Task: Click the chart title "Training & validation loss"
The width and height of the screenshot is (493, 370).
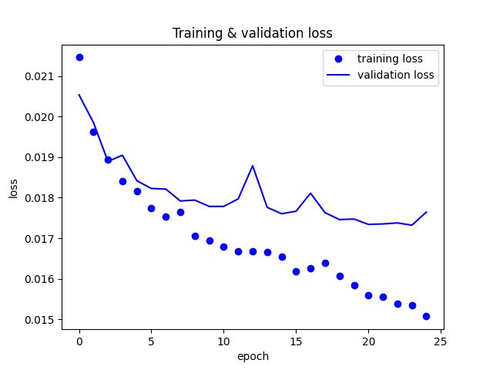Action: click(x=253, y=33)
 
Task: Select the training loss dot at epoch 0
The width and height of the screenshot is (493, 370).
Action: click(x=79, y=57)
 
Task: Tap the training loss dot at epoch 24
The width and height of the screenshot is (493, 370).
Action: click(x=426, y=316)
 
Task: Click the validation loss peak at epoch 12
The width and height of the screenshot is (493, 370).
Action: click(x=253, y=166)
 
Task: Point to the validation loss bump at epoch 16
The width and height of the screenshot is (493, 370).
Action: click(x=310, y=193)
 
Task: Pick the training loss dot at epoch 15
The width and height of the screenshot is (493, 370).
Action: click(x=296, y=271)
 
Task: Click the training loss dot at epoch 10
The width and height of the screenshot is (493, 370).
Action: click(x=223, y=247)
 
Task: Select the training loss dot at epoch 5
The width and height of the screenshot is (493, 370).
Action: click(x=151, y=208)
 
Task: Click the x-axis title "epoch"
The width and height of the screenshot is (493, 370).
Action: click(x=253, y=356)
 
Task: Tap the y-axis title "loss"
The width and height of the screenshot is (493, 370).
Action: click(x=14, y=188)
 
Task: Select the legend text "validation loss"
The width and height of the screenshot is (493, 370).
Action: click(x=396, y=76)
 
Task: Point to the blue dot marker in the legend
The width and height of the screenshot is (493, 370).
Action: click(x=338, y=59)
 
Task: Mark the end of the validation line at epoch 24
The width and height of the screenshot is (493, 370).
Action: click(x=426, y=212)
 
